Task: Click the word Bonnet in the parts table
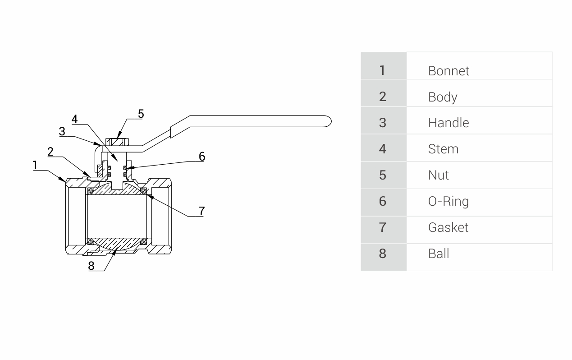(x=448, y=71)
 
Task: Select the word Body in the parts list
(x=443, y=97)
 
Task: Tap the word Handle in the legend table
(x=448, y=123)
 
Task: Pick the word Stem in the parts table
(x=443, y=149)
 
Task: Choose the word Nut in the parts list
(x=438, y=175)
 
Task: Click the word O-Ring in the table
(x=448, y=201)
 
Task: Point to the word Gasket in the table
(x=448, y=227)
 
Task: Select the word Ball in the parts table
(x=438, y=254)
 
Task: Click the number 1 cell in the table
(x=383, y=70)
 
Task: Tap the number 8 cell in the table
(x=383, y=254)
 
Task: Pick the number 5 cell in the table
(x=383, y=175)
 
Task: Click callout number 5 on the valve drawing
(x=141, y=114)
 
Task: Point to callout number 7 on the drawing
(x=201, y=211)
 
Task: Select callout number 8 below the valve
(x=92, y=265)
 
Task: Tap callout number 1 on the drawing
(x=35, y=166)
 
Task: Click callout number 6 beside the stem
(x=201, y=156)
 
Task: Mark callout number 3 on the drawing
(x=62, y=131)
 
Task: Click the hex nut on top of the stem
(x=118, y=142)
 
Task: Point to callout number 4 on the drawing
(x=75, y=119)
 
